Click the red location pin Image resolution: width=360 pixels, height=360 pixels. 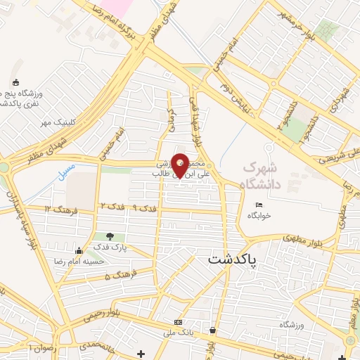(181, 166)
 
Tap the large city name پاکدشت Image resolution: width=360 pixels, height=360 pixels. (233, 259)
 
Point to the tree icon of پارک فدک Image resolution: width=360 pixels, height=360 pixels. (109, 236)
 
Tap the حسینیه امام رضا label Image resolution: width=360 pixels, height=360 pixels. (79, 261)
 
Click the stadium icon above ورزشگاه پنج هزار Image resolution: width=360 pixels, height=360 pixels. (16, 82)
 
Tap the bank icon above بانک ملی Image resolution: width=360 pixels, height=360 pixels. (177, 323)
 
